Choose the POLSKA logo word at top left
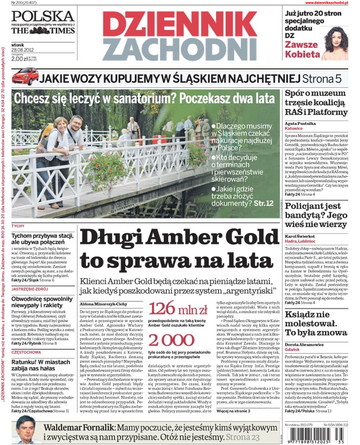pos(43,16)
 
